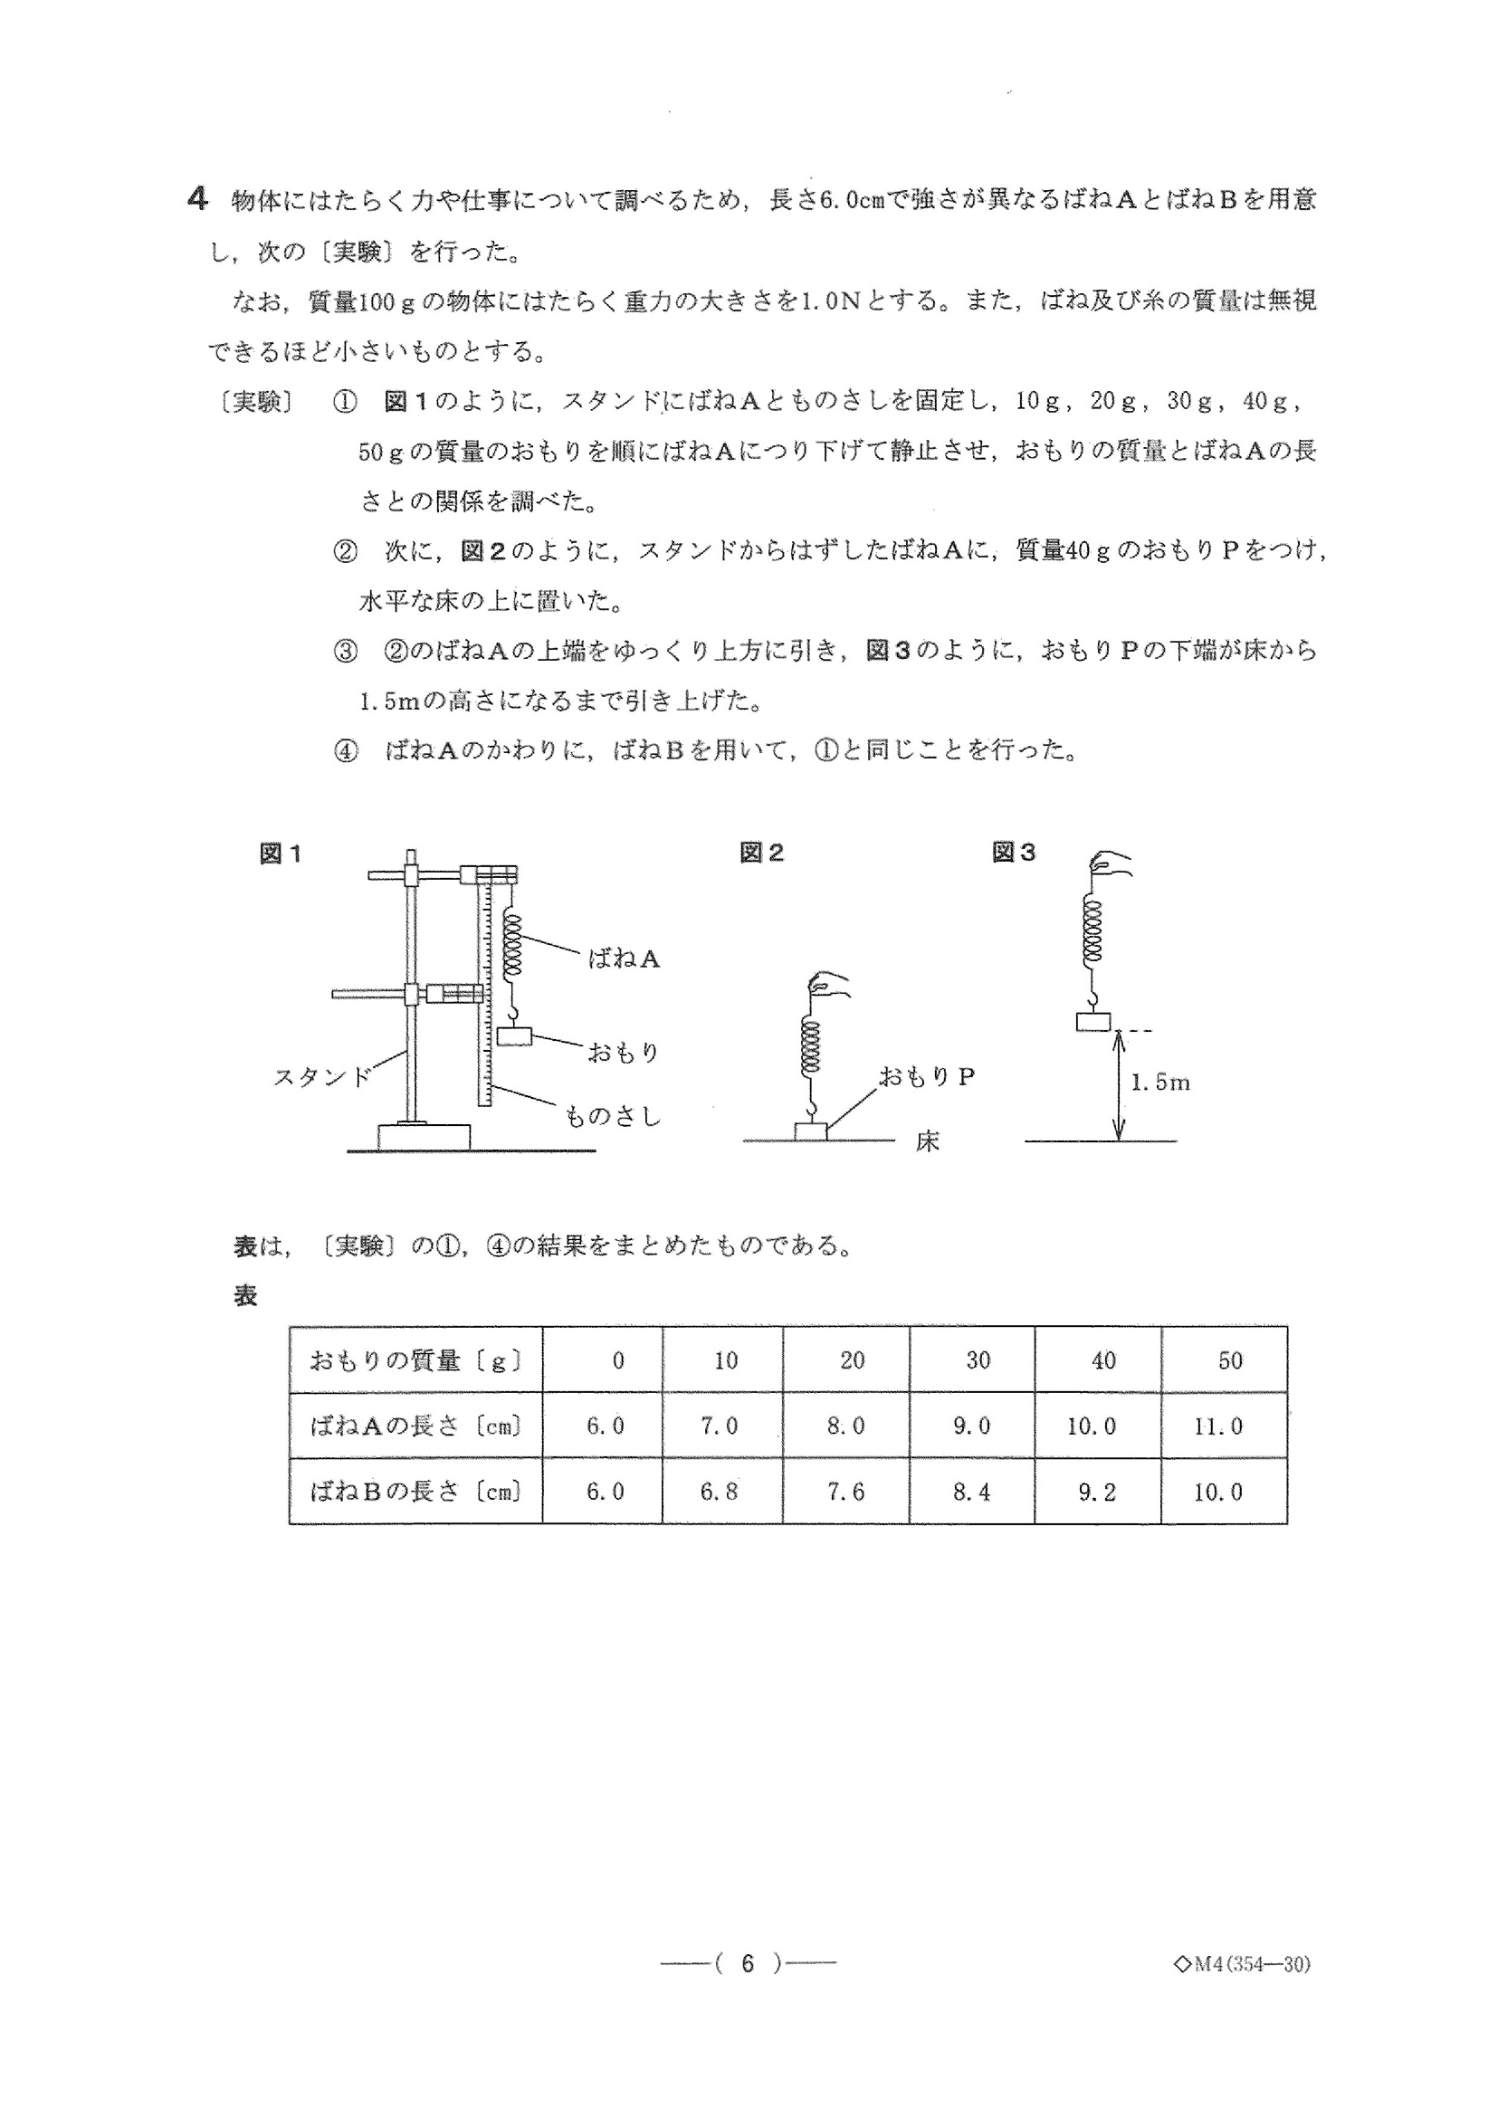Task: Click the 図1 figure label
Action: point(281,854)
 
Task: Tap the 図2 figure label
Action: point(761,854)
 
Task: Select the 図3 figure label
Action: point(1013,854)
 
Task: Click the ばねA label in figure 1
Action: point(624,959)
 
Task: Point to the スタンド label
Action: point(322,1076)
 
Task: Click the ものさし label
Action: point(613,1117)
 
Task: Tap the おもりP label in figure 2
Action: point(926,1076)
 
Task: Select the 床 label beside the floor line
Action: point(927,1142)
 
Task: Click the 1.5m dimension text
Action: point(1160,1083)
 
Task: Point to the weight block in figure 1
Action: point(515,1036)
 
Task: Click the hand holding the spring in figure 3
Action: point(1110,864)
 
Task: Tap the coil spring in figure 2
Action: point(811,1047)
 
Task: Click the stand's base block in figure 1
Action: point(424,1137)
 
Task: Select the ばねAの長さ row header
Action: point(416,1426)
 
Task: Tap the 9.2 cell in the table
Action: point(1097,1492)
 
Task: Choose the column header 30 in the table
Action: point(978,1360)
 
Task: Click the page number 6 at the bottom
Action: point(747,1990)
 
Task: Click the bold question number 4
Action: point(196,199)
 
